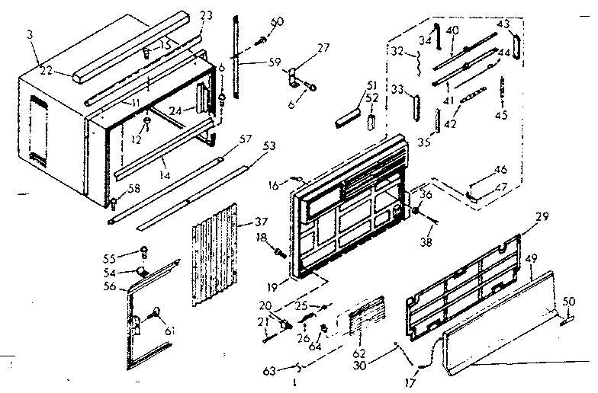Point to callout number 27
(323, 47)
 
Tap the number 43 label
(503, 24)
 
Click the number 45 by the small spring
(500, 116)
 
